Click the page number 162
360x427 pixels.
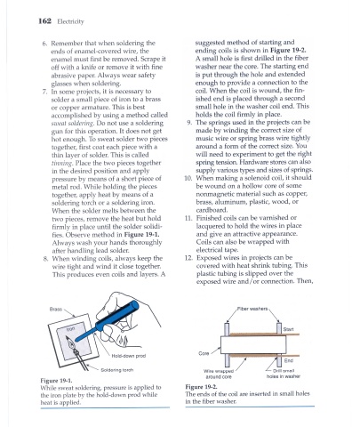tap(44, 21)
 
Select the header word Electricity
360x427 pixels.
tap(70, 21)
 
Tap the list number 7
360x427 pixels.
tap(44, 92)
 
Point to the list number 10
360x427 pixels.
tap(188, 178)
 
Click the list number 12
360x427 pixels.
tap(188, 258)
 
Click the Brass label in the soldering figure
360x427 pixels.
tap(56, 309)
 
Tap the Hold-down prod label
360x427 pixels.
tap(129, 356)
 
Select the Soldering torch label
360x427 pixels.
tap(117, 370)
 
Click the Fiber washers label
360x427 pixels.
tap(252, 309)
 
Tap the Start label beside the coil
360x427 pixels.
tap(288, 329)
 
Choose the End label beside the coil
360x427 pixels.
tap(289, 360)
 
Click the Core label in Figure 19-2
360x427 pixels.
tap(204, 353)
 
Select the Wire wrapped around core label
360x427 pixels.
tap(219, 374)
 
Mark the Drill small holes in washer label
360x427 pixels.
tap(284, 374)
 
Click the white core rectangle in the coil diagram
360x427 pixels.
tap(253, 344)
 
